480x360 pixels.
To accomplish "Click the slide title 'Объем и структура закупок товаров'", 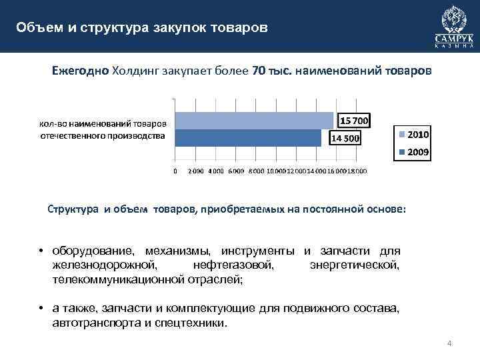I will point(143,28).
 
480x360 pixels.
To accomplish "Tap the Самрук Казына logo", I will point(454,26).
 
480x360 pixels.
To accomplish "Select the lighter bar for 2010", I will point(253,120).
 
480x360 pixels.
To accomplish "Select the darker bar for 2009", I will point(247,137).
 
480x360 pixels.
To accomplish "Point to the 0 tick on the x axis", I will point(175,171).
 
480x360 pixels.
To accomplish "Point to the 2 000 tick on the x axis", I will point(197,171).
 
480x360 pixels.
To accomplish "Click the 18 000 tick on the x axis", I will point(357,171).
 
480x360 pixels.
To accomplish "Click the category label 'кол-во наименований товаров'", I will point(103,123).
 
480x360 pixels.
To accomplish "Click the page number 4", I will point(449,344).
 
